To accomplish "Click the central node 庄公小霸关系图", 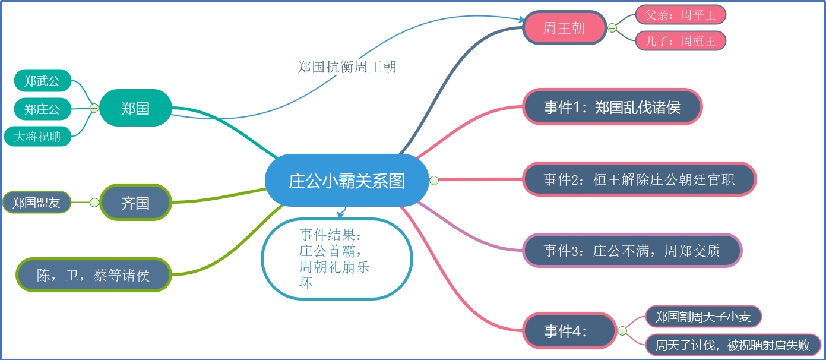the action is click(347, 181).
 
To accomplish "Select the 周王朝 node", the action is click(564, 28).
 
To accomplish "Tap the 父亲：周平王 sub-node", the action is click(681, 15).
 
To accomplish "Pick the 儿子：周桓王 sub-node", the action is click(681, 40).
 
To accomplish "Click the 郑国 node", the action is click(135, 108).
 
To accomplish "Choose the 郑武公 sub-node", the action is click(42, 80).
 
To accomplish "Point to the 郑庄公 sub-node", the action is click(42, 109).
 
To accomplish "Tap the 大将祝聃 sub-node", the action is click(37, 137).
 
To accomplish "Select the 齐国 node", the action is click(135, 203).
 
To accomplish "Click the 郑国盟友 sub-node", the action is click(36, 203).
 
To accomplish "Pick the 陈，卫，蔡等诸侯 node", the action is click(93, 275).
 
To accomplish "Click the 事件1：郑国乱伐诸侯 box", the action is click(612, 107).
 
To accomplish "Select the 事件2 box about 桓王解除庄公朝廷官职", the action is click(639, 179).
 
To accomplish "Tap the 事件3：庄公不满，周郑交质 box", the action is click(632, 251).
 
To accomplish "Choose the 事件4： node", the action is click(569, 331).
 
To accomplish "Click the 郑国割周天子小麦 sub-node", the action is click(703, 317).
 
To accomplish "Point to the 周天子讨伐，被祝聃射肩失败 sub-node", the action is click(732, 345).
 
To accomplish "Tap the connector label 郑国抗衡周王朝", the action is click(347, 67).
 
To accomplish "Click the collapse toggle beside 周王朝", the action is click(612, 28).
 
